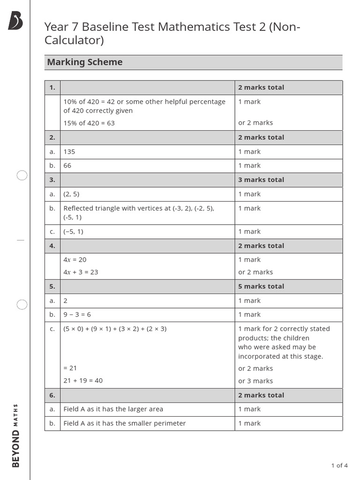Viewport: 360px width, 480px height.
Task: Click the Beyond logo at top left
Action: tap(15, 21)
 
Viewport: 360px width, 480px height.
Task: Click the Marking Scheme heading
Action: tap(85, 62)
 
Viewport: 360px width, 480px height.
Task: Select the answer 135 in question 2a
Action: tap(69, 152)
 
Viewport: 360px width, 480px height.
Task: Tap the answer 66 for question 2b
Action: tap(67, 166)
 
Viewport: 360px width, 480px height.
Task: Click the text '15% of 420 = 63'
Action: tap(89, 123)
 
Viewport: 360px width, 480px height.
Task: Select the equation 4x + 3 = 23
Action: tap(81, 272)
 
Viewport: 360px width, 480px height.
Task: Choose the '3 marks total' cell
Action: tap(261, 180)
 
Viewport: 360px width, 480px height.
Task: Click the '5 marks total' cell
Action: tap(261, 286)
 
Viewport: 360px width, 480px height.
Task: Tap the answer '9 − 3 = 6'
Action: tap(77, 315)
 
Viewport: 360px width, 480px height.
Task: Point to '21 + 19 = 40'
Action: tap(83, 381)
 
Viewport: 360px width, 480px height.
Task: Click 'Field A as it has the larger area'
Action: tap(113, 409)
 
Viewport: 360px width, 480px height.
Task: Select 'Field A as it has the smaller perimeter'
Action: tap(124, 423)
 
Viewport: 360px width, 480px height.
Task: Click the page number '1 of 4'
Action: tap(339, 465)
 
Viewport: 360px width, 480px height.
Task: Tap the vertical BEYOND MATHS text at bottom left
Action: tap(16, 435)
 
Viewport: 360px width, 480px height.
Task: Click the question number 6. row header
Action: tap(52, 395)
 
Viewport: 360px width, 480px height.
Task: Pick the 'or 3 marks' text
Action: tap(255, 381)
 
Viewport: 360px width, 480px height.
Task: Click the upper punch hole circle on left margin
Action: tap(22, 175)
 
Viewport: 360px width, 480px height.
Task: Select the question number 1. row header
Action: tap(52, 88)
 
